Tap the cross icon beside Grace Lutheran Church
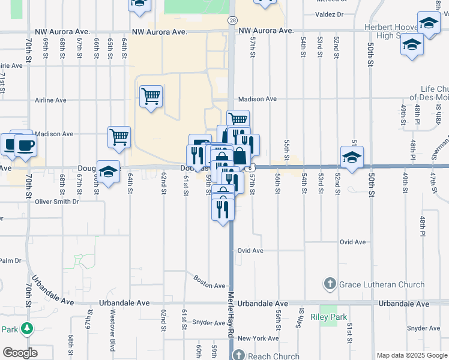click(330, 283)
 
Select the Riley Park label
click(325, 316)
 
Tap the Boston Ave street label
click(209, 281)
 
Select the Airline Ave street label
click(50, 100)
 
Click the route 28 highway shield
click(232, 20)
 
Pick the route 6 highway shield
click(254, 167)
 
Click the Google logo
click(19, 353)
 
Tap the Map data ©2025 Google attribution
click(412, 355)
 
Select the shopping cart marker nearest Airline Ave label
click(151, 96)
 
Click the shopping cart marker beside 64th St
click(119, 136)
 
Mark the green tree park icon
click(26, 329)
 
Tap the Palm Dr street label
click(10, 260)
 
